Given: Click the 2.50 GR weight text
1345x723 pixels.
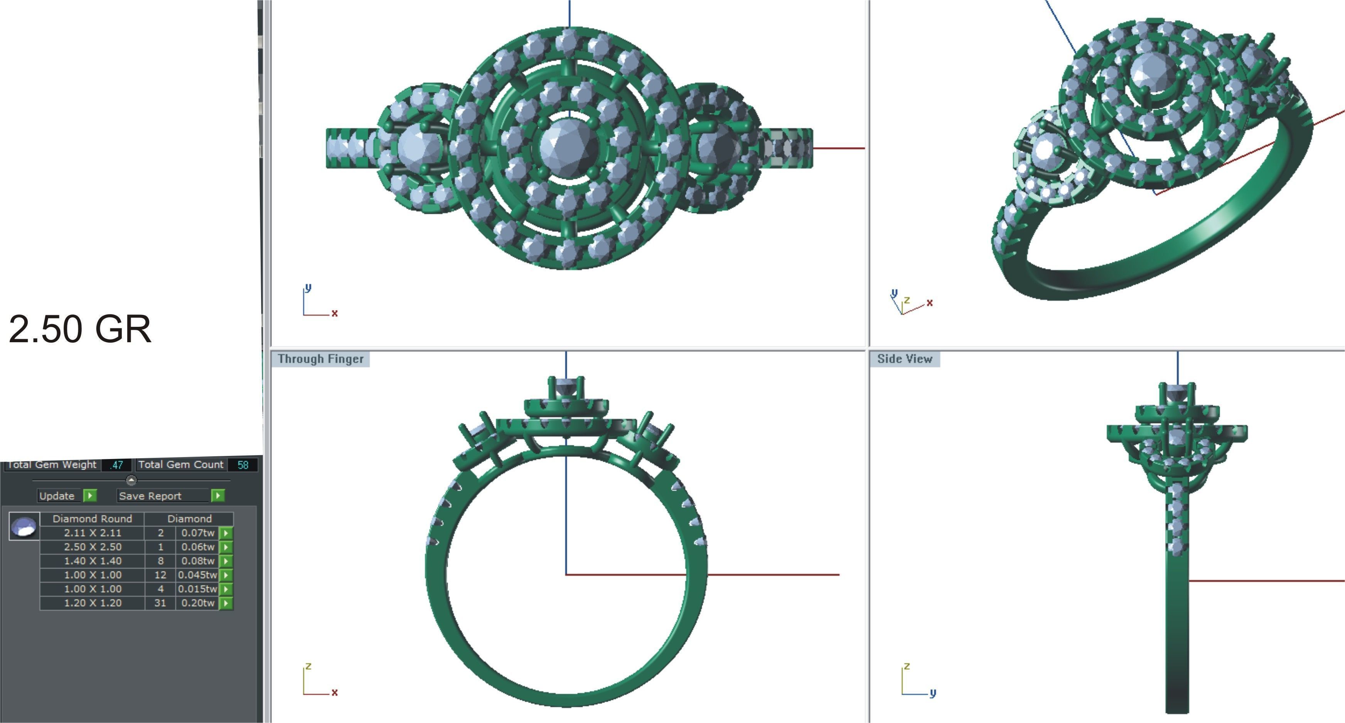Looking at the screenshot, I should (80, 330).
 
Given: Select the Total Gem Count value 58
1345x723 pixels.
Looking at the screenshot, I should (243, 465).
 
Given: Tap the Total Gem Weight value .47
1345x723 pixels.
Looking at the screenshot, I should (116, 465).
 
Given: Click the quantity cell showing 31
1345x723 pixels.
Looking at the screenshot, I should (160, 603).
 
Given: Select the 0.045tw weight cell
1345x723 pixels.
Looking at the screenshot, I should (197, 575).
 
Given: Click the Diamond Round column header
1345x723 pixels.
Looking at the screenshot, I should (93, 519).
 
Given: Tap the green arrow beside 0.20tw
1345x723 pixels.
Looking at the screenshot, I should (226, 603).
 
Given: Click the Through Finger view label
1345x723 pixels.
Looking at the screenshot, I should (320, 359).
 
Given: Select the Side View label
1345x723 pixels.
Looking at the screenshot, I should (904, 359).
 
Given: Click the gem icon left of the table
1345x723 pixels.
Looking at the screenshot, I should (24, 526).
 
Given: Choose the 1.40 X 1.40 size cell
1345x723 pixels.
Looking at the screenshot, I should (93, 561).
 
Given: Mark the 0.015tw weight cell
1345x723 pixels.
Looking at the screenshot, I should (197, 589).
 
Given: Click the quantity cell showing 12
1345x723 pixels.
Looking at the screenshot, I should (160, 575).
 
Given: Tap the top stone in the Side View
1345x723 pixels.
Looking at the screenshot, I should (1177, 393).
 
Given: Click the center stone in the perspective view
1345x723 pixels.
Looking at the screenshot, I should (1155, 72).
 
